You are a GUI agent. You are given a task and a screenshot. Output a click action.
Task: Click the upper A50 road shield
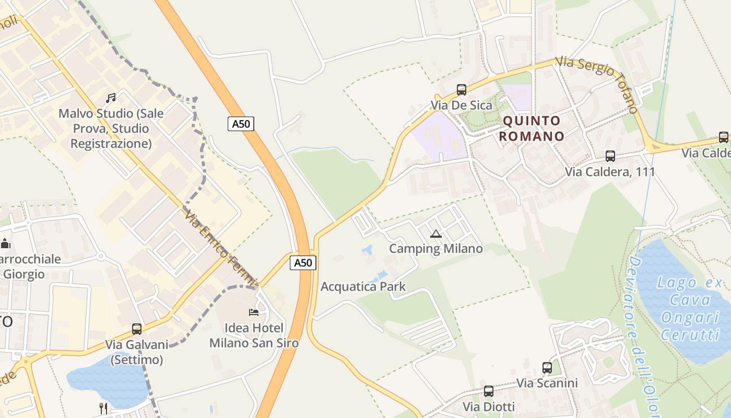coord(241,124)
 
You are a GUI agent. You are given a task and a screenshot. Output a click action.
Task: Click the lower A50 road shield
coord(303,263)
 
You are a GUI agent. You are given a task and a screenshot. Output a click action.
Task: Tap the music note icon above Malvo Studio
coord(111,98)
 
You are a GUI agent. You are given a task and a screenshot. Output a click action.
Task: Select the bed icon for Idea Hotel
coord(254,312)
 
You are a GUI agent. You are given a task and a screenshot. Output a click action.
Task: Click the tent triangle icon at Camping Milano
coord(436,234)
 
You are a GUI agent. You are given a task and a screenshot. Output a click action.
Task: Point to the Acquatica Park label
coord(363,286)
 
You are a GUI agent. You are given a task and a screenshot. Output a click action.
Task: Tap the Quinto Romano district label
coord(532,129)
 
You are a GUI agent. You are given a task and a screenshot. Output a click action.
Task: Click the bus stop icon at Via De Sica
coord(461,89)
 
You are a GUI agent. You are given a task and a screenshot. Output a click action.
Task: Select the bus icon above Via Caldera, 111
coord(610,156)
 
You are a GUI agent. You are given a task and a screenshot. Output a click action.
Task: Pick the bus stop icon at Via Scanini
coord(547,367)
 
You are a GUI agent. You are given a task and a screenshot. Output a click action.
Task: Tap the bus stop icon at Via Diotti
coord(488,391)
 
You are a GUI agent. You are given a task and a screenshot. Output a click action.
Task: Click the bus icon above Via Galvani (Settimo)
coord(137,329)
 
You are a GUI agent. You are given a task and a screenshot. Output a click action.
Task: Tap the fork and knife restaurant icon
coord(103,408)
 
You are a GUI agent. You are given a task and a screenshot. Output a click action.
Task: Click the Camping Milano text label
coord(436,249)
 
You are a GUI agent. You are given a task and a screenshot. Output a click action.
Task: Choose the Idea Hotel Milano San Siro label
coord(254,335)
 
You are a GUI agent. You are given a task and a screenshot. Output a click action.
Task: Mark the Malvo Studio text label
coord(111,129)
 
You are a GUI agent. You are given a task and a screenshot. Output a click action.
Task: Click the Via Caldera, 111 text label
coord(610,171)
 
